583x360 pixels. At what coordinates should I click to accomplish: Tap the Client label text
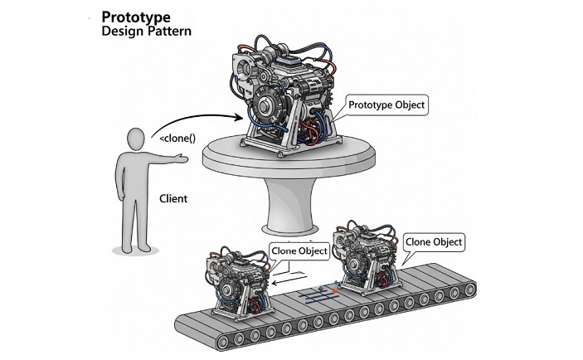point(174,199)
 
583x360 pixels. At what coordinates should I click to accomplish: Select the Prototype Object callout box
point(386,106)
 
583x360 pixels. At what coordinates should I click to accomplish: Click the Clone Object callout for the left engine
point(299,249)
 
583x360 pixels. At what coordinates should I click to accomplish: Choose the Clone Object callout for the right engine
point(434,243)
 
